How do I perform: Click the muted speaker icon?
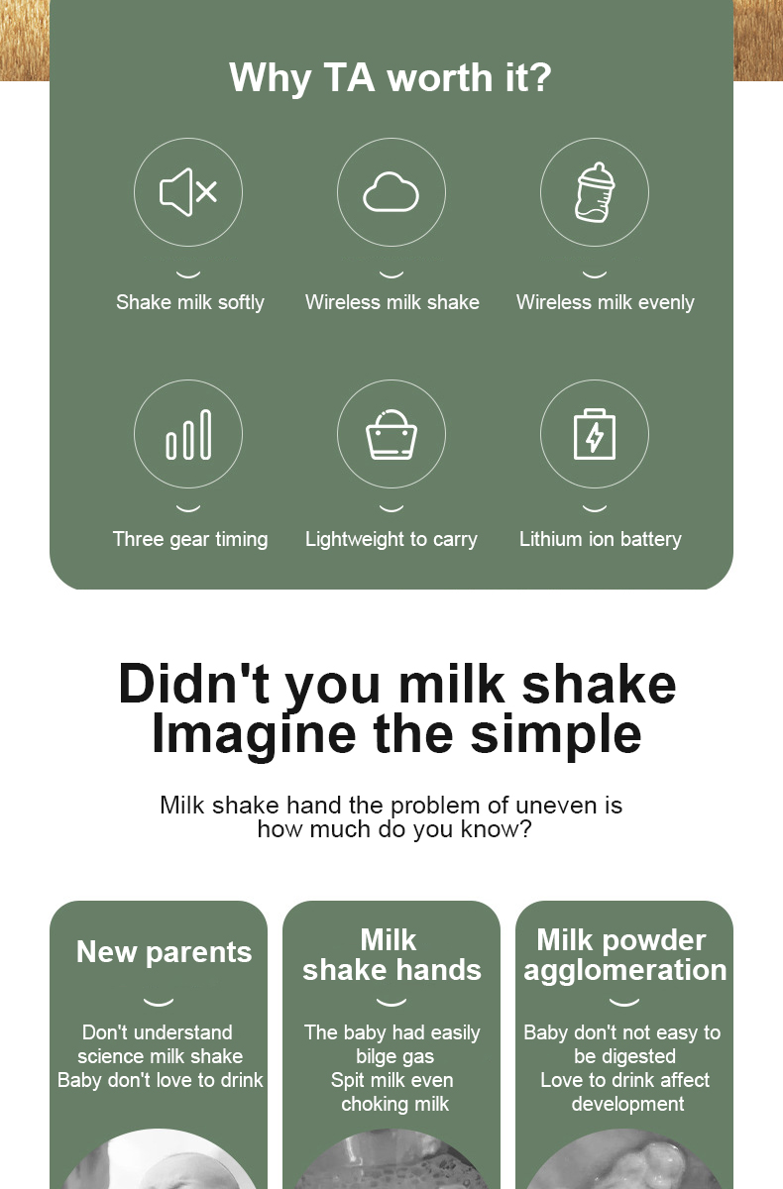coord(188,192)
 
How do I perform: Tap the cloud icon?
coord(391,191)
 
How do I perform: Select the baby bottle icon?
coord(595,192)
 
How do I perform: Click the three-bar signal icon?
coord(188,434)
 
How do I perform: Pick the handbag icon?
coord(391,434)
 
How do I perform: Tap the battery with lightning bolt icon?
coord(595,434)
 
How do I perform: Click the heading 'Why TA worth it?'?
coord(391,77)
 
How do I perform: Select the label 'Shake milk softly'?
coord(190,302)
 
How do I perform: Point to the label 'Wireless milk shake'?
coord(392,302)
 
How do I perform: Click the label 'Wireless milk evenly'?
coord(606,302)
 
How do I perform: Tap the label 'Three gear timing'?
coord(190,539)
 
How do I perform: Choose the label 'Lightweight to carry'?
coord(391,539)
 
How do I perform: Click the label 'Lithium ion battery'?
coord(601,539)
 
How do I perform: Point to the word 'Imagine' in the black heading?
coord(254,734)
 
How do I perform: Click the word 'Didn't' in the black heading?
coord(193,684)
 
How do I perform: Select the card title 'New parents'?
coord(164,952)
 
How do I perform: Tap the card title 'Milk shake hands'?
coord(391,955)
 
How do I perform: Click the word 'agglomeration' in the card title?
coord(625,971)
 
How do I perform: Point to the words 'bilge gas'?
coord(394,1057)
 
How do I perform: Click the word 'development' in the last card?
coord(627,1104)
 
